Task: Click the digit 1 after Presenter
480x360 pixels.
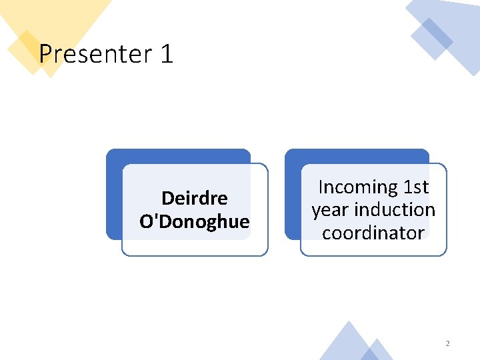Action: (167, 53)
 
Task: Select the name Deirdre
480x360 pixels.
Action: (195, 198)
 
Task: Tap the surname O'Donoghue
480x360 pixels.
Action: (195, 221)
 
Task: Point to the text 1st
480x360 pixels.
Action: (416, 187)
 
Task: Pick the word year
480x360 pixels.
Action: (331, 210)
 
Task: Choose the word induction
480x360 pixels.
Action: (395, 210)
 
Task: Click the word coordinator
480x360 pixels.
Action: (373, 233)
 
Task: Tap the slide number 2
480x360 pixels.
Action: (447, 343)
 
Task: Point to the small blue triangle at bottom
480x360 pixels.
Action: (379, 351)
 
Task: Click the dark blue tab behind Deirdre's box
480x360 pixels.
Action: (115, 193)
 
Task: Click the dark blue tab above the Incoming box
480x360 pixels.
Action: (357, 155)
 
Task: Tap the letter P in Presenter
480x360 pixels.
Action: (45, 53)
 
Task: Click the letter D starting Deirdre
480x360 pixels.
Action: (167, 198)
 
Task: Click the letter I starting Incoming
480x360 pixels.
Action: (321, 187)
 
